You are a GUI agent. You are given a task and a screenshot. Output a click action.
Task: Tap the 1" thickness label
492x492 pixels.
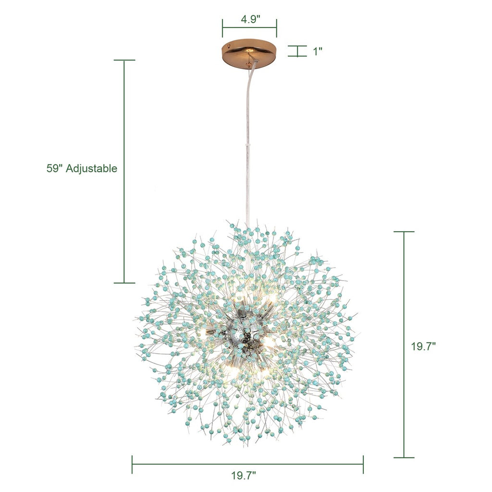coord(318,51)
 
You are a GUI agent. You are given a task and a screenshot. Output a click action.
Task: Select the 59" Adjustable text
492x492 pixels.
coord(82,169)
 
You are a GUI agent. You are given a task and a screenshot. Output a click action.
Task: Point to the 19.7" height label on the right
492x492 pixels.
coord(423,346)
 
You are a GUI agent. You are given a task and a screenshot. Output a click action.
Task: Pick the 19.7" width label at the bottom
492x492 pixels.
coord(244,476)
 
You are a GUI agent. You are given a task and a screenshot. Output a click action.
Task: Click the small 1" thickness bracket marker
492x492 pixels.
coord(297,51)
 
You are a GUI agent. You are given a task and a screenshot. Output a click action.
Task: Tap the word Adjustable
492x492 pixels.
coord(92,169)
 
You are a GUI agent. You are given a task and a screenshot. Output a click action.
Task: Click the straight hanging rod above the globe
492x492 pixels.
coord(248,183)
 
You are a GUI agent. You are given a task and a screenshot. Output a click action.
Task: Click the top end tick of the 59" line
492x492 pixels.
coord(124,60)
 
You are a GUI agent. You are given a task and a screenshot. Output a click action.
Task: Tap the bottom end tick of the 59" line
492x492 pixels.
coord(124,283)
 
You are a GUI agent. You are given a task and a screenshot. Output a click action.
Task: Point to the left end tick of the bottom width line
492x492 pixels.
coord(132,465)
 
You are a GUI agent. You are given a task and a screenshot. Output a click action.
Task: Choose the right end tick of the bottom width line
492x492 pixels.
coord(363,465)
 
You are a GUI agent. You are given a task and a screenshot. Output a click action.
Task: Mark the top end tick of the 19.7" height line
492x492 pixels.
coord(404,232)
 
